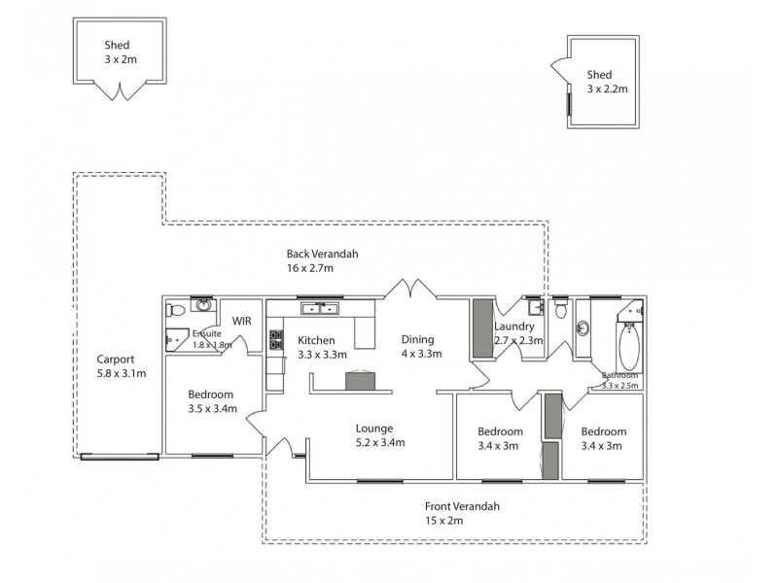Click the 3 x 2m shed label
click(x=122, y=51)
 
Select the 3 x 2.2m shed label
click(x=606, y=82)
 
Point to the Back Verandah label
click(x=322, y=260)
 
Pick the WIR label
click(x=241, y=321)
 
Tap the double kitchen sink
click(x=320, y=310)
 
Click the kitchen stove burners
click(x=276, y=340)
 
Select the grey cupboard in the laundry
click(x=481, y=329)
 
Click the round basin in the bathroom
click(x=583, y=327)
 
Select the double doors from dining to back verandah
click(x=408, y=290)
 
